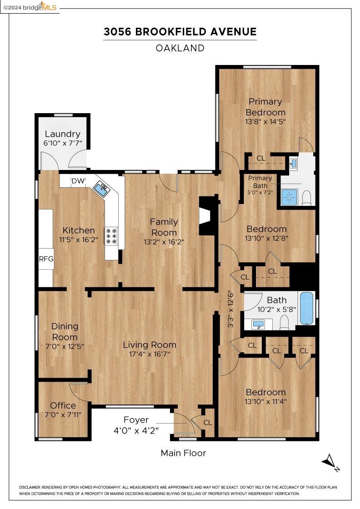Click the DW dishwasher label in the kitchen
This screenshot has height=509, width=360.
[78, 181]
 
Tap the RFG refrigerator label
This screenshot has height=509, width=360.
[46, 259]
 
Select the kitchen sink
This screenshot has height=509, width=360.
[102, 189]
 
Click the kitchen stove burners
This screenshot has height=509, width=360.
[111, 236]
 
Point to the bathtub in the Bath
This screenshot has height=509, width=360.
[307, 308]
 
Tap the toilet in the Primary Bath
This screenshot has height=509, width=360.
[307, 198]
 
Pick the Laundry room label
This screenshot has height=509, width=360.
[62, 134]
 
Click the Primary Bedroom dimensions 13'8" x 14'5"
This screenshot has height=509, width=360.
[265, 121]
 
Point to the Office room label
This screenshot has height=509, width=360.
[63, 405]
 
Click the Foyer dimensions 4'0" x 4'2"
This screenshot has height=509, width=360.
[136, 430]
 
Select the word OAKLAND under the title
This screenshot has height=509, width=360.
[180, 48]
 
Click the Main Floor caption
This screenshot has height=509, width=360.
[183, 453]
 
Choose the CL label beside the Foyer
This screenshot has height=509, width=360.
[208, 422]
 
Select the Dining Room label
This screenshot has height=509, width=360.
[65, 331]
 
